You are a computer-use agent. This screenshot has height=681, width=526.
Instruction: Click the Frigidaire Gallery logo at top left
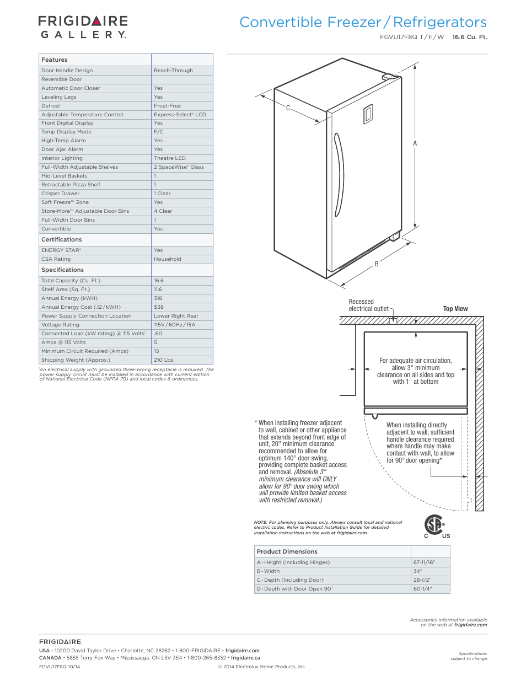[x=83, y=27]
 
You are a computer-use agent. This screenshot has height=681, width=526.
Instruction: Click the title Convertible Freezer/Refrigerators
[x=363, y=23]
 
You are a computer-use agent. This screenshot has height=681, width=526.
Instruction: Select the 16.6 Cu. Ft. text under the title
[x=469, y=37]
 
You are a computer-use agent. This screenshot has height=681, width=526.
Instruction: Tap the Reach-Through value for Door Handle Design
[x=173, y=71]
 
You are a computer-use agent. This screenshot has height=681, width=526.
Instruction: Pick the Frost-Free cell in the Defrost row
[x=167, y=106]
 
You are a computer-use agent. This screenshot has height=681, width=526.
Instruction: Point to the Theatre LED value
[x=169, y=158]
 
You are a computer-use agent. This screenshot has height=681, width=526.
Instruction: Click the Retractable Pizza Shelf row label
[x=71, y=185]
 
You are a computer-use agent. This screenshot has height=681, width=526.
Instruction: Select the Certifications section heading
[x=61, y=240]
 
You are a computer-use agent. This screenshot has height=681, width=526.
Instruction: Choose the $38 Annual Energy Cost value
[x=158, y=307]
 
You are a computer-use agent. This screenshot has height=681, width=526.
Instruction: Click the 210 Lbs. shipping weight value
[x=164, y=360]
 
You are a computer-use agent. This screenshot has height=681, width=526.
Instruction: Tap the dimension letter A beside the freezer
[x=415, y=143]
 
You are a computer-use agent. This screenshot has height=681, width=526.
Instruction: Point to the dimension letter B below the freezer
[x=377, y=264]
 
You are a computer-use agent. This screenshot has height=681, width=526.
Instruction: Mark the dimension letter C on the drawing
[x=288, y=108]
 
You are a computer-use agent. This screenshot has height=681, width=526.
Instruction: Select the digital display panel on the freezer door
[x=368, y=114]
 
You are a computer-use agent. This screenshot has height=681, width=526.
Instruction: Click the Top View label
[x=455, y=309]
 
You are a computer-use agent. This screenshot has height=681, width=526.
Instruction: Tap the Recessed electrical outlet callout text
[x=368, y=305]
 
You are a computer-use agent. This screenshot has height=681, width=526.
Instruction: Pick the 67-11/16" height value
[x=424, y=562]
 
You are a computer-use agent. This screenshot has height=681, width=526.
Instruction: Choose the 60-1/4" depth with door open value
[x=422, y=589]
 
